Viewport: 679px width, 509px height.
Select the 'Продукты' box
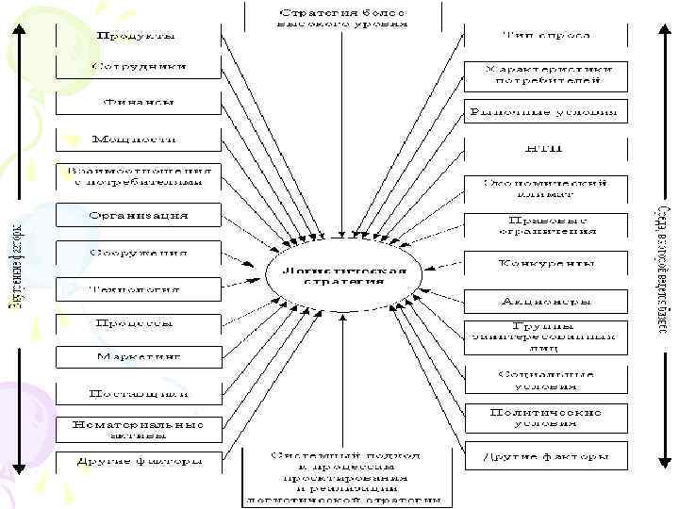pos(137,36)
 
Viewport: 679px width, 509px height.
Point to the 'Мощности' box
pos(137,140)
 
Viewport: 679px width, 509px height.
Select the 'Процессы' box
pos(137,322)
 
